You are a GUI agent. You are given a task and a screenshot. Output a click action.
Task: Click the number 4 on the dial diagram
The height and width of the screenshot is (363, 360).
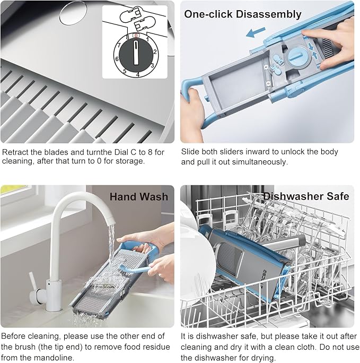click(138, 75)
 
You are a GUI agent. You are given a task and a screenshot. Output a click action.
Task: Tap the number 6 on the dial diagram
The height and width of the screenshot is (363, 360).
click(117, 59)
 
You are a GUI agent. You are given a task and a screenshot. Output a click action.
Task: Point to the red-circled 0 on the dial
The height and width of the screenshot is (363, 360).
click(136, 36)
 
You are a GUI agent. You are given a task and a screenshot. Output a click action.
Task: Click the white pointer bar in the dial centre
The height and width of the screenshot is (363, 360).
click(136, 53)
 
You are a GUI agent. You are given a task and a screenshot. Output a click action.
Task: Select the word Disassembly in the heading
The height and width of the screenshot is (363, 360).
click(268, 14)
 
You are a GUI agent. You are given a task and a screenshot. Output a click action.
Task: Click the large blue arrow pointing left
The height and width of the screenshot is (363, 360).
click(256, 32)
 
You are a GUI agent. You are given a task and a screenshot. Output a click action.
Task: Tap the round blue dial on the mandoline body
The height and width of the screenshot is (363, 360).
click(298, 57)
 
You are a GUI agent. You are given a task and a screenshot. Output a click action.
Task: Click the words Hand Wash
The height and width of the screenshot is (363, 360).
click(139, 197)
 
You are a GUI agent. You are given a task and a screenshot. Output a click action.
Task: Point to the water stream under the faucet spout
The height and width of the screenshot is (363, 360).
click(111, 243)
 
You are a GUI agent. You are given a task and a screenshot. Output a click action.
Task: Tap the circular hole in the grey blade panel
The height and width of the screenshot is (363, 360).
click(73, 13)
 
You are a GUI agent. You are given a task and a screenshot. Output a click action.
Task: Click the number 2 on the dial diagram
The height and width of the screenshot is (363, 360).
click(155, 51)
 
